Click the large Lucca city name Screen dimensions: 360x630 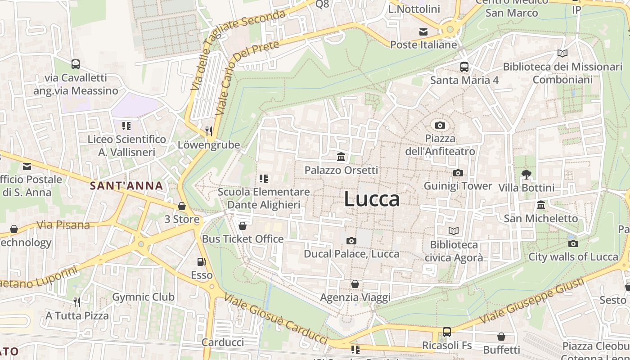click(x=372, y=199)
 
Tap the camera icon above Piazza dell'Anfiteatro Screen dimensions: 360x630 click(x=440, y=125)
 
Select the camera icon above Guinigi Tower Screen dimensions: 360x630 click(x=458, y=173)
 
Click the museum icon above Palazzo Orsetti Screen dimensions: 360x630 click(x=341, y=157)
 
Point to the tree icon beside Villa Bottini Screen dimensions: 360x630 click(x=526, y=174)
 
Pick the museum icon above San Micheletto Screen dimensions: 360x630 click(x=541, y=205)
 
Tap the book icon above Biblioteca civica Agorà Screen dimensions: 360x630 click(x=454, y=231)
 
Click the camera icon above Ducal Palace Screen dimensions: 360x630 click(x=351, y=241)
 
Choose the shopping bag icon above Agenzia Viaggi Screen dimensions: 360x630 click(x=355, y=284)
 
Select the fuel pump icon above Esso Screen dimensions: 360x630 click(x=202, y=262)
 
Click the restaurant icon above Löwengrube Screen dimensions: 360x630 click(x=208, y=131)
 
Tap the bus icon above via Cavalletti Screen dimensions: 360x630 click(x=76, y=64)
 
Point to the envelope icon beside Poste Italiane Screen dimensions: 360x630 click(x=423, y=31)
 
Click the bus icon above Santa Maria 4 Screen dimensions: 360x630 click(x=464, y=67)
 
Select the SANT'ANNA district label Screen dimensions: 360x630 click(x=126, y=185)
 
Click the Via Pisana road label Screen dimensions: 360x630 click(x=63, y=225)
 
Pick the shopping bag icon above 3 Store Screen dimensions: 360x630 click(x=182, y=206)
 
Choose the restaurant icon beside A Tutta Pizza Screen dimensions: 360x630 click(x=77, y=301)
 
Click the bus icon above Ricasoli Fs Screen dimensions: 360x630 click(x=447, y=332)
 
